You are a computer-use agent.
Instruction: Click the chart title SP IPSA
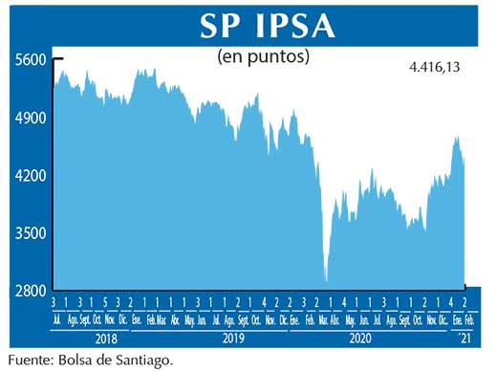(267, 25)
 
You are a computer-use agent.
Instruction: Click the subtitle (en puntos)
(264, 56)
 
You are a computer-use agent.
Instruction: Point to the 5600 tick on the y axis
(31, 59)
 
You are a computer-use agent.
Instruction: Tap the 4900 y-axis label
(31, 119)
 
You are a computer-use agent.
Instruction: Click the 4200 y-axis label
(31, 176)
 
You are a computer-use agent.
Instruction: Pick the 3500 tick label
(31, 233)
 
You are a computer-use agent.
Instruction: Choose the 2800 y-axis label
(31, 291)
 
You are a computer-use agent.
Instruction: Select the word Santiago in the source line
(147, 360)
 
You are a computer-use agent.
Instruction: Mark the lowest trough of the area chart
(327, 281)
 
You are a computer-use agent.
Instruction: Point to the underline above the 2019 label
(209, 328)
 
